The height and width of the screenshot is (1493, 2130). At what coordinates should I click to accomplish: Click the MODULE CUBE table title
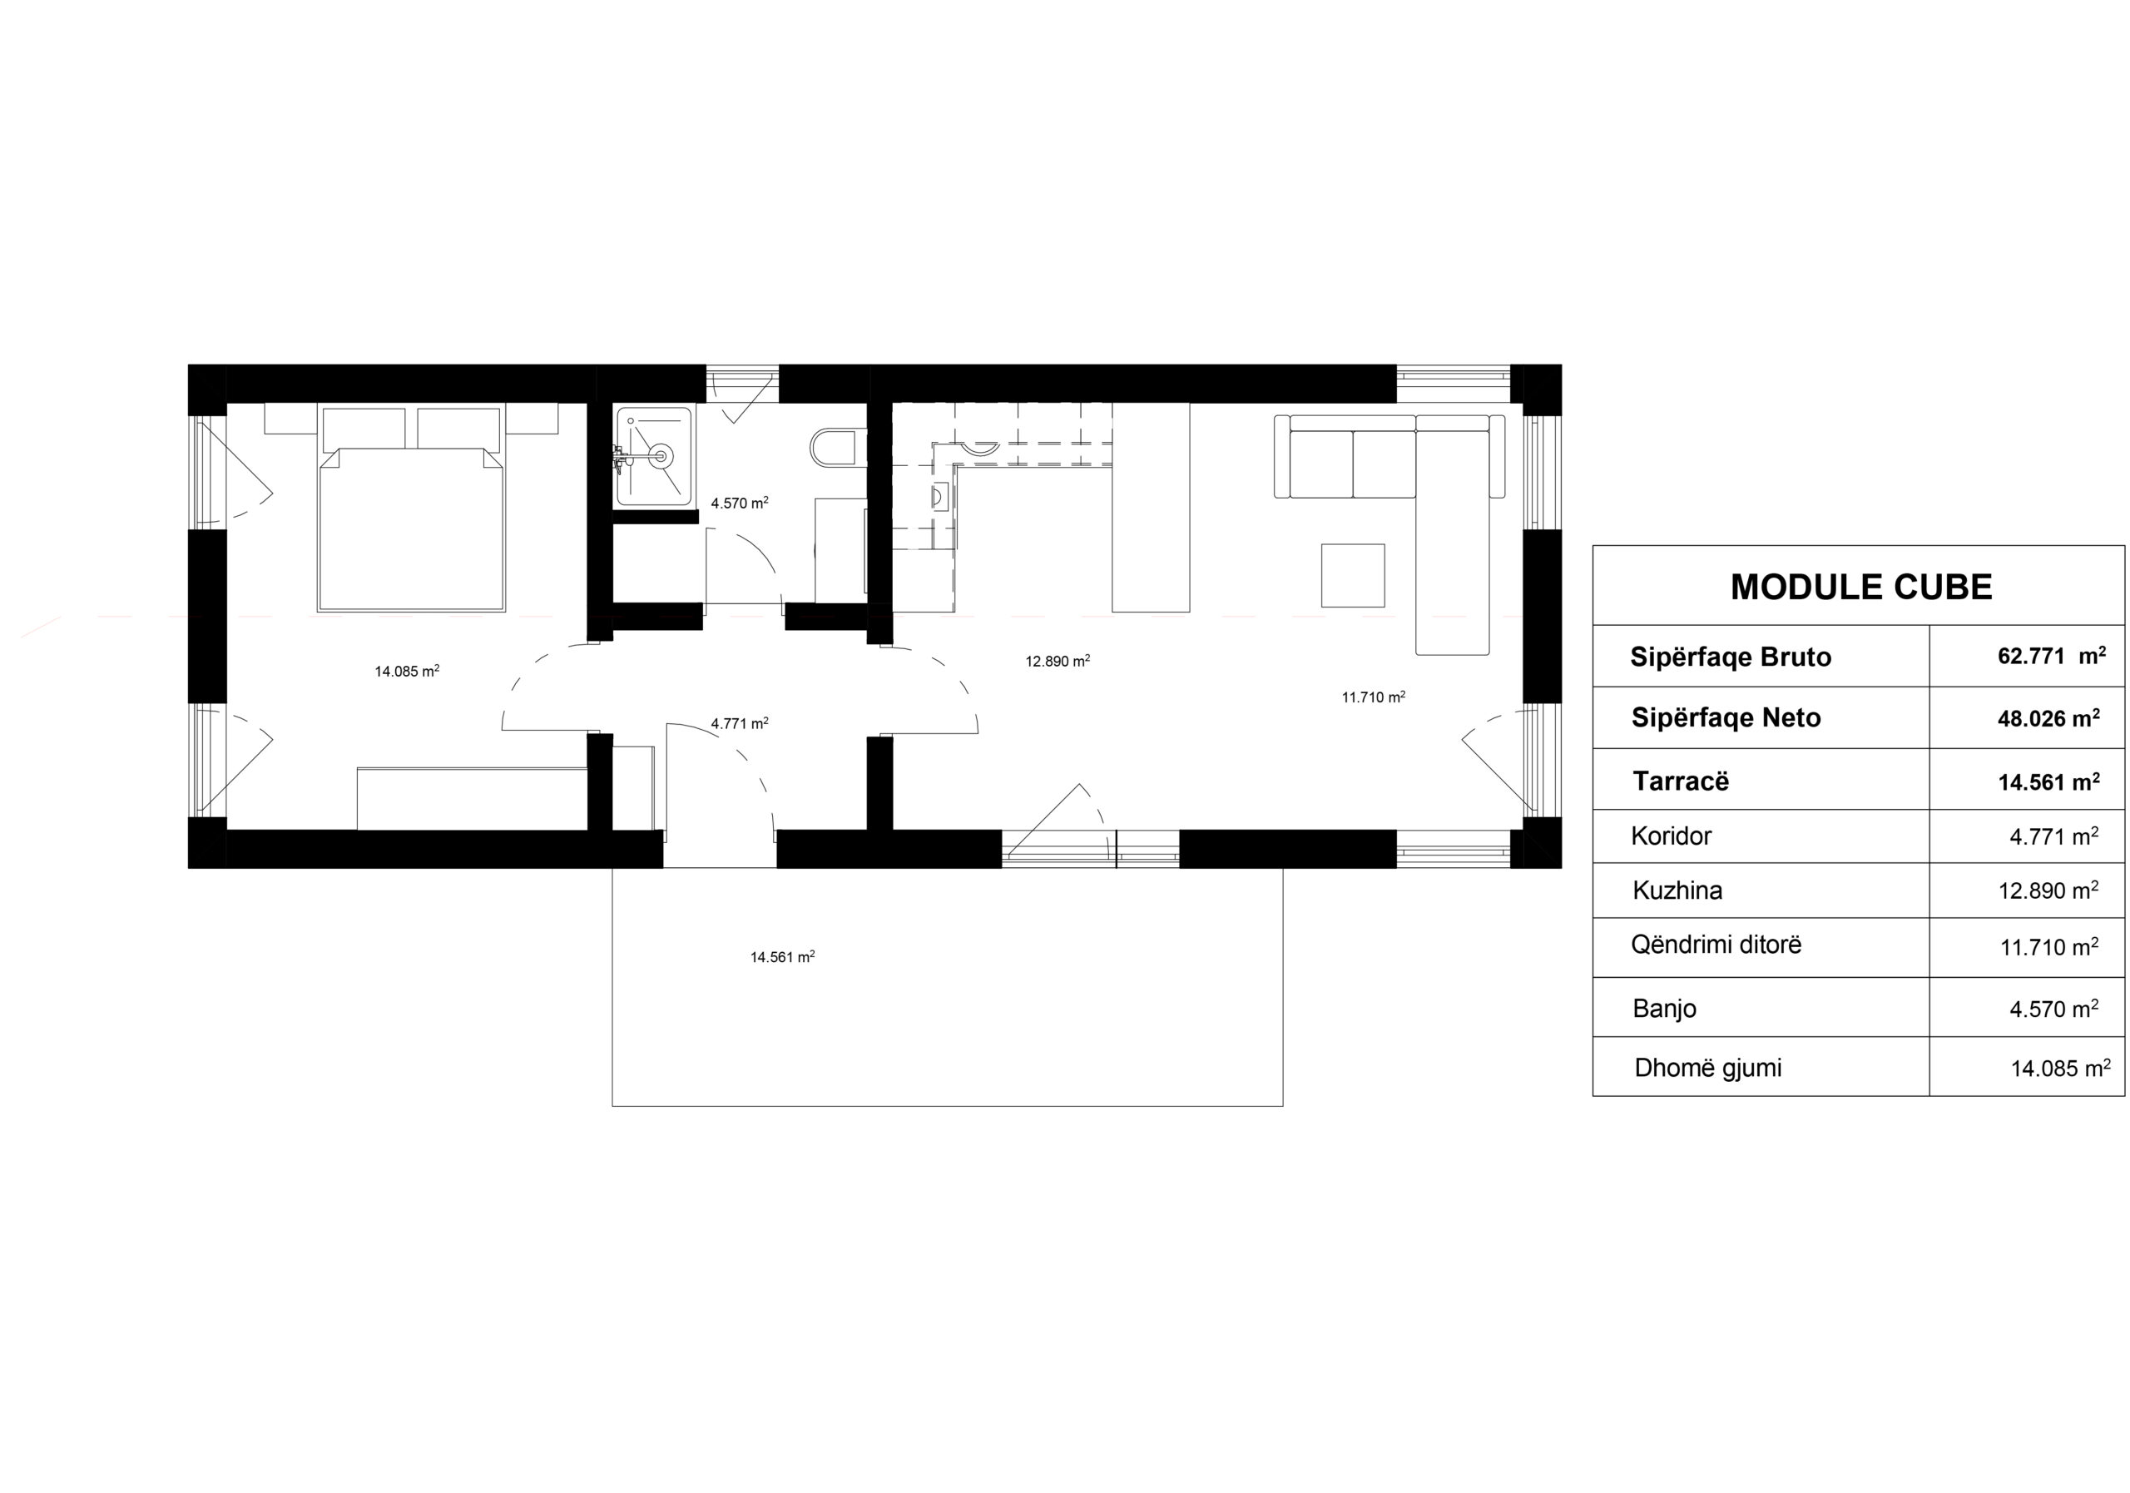pos(1861,588)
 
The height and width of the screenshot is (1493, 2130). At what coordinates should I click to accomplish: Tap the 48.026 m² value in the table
pos(2049,717)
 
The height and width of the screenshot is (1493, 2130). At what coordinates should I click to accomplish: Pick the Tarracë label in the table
pos(1681,781)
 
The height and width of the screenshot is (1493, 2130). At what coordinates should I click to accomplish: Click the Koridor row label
pos(1671,836)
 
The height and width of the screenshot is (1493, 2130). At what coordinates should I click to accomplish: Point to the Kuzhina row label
pos(1677,890)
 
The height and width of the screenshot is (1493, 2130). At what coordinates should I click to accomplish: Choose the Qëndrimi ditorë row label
pos(1716,945)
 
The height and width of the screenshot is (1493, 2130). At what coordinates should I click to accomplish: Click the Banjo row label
pos(1664,1009)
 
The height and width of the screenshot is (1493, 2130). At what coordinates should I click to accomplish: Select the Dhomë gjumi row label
pos(1708,1068)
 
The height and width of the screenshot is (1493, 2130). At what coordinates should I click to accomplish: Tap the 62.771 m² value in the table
pos(2051,656)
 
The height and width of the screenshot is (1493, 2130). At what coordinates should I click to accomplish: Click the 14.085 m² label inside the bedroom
pos(407,671)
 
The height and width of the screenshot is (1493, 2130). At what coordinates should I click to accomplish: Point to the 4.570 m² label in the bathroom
pos(740,503)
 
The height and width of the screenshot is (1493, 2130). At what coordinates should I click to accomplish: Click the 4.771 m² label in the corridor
pos(740,723)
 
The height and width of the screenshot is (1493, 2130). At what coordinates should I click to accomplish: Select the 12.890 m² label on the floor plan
pos(1058,662)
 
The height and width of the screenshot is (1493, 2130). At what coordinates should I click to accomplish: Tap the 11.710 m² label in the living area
pos(1374,697)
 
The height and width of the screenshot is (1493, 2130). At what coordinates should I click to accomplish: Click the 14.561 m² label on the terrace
pos(783,957)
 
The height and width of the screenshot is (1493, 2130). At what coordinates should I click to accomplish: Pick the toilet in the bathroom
pos(838,447)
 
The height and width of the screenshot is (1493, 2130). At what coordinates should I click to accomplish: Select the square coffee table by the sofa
pos(1354,575)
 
